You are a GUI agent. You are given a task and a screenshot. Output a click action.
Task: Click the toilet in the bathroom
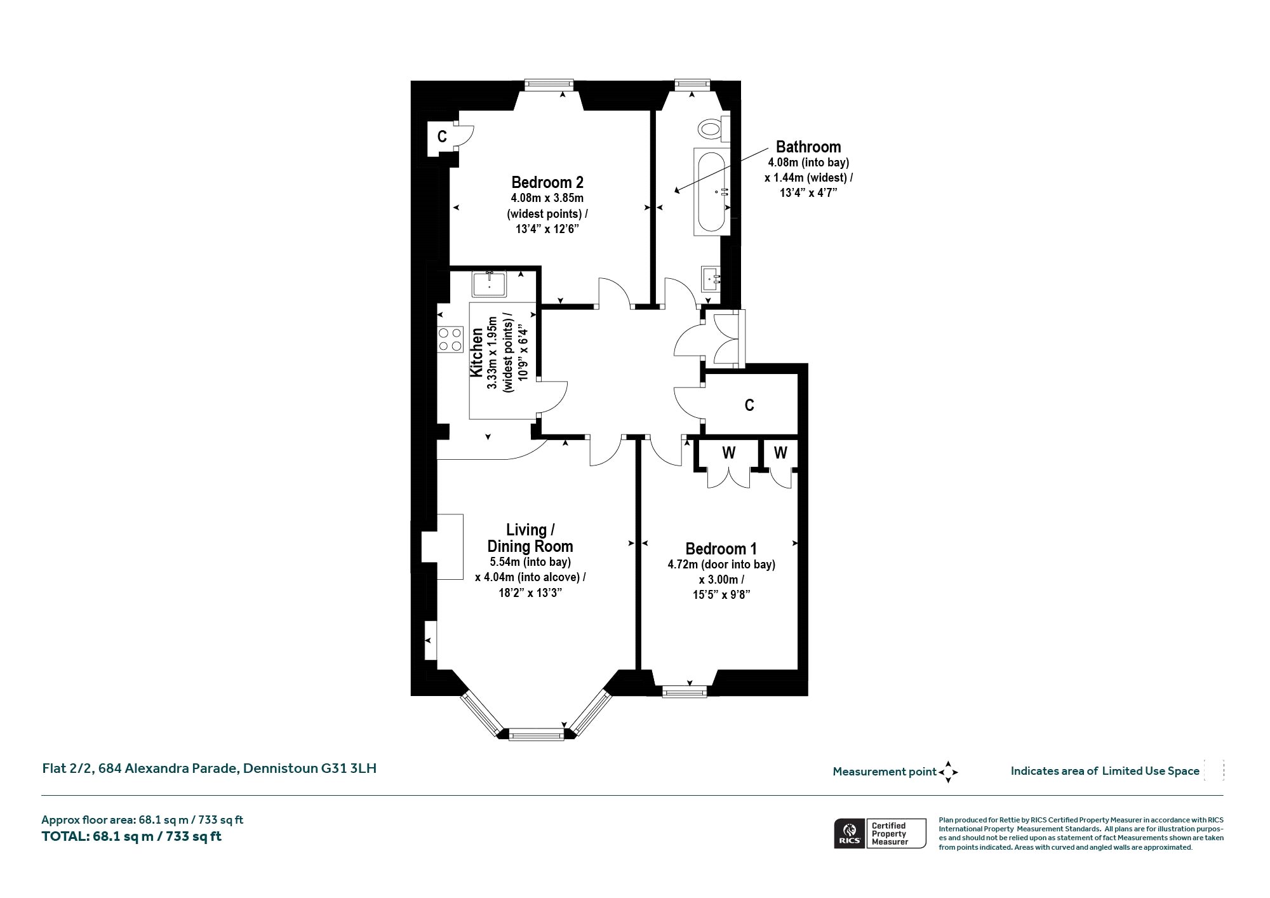click(x=714, y=129)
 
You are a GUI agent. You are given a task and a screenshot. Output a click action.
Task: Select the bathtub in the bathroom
click(x=712, y=192)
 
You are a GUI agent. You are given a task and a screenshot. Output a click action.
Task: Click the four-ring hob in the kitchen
click(x=450, y=339)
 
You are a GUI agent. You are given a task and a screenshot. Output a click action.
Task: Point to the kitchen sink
click(x=489, y=283)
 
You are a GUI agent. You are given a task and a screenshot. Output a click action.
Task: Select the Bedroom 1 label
click(x=721, y=549)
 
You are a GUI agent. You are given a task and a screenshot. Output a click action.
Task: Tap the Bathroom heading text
click(x=808, y=147)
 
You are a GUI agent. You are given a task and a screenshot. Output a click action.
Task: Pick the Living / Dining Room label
click(x=530, y=538)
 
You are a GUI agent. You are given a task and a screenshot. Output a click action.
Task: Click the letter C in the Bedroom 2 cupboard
click(x=442, y=136)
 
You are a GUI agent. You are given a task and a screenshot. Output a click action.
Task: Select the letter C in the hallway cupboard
click(x=749, y=405)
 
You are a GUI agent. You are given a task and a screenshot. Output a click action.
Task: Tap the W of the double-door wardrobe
click(x=729, y=453)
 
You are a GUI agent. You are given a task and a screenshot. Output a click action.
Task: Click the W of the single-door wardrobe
click(x=780, y=453)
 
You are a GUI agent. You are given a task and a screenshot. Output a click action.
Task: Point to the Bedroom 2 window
click(x=549, y=83)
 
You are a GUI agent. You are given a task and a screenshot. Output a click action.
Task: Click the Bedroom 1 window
click(x=684, y=692)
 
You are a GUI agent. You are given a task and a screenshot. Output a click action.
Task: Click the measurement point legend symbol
click(x=948, y=772)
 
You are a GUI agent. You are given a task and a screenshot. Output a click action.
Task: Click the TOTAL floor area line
click(x=131, y=836)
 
